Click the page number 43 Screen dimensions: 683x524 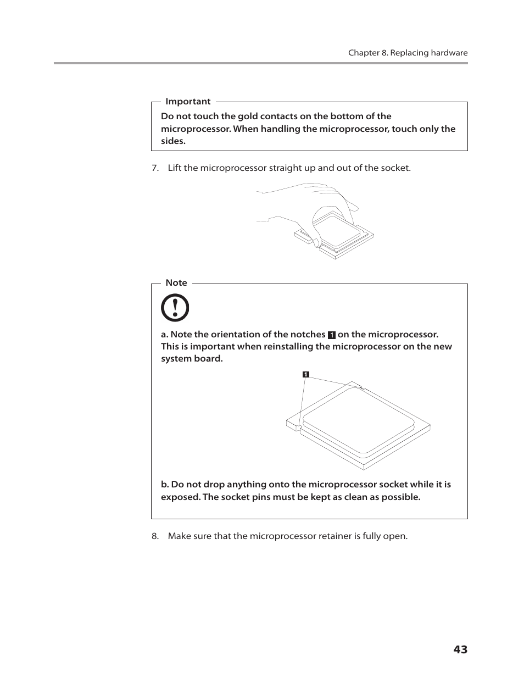[x=460, y=649]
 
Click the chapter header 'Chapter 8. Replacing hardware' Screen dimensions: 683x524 [x=408, y=53]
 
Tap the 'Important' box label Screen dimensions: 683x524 [x=188, y=102]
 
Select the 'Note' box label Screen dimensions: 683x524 [x=176, y=283]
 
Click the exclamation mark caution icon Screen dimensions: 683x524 [x=175, y=308]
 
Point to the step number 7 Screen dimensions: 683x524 [x=155, y=168]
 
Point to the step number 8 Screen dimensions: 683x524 [x=155, y=536]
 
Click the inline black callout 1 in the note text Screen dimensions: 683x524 [x=331, y=335]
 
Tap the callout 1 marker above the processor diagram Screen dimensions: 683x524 [x=306, y=375]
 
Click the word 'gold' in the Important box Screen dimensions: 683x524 [x=248, y=116]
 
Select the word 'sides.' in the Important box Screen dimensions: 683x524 [x=173, y=141]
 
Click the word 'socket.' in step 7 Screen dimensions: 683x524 [x=395, y=168]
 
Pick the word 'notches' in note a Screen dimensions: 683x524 [x=308, y=335]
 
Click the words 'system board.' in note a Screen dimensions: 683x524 [x=192, y=359]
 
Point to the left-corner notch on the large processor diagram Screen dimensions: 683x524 [x=297, y=426]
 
